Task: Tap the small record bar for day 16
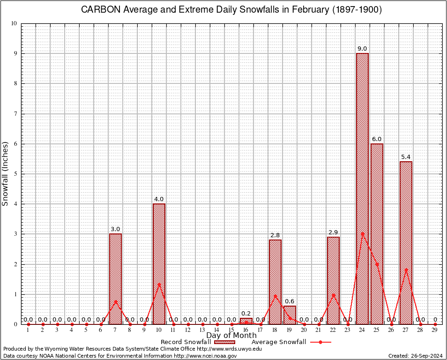(x=246, y=321)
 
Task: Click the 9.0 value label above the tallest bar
(x=362, y=48)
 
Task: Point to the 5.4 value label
(x=406, y=157)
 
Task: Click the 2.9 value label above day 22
(x=333, y=232)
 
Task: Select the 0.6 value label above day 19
(x=290, y=301)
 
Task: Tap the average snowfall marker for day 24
(x=362, y=234)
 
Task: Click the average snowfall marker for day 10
(x=159, y=284)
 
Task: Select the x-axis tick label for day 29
(x=435, y=330)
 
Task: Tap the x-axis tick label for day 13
(x=202, y=330)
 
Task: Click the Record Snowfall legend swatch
(x=224, y=342)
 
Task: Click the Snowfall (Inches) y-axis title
(x=6, y=173)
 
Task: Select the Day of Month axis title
(x=231, y=336)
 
